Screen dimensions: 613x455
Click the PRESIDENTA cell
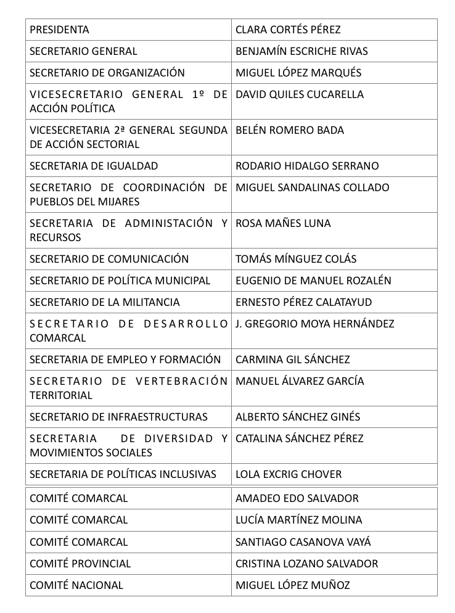pos(59,30)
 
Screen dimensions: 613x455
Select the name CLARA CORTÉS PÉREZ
pos(288,30)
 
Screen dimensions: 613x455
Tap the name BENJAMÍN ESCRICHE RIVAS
pos(301,51)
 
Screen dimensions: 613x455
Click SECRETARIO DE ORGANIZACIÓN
pos(107,73)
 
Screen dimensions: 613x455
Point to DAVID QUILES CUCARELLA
pos(300,94)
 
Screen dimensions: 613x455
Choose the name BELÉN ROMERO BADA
pos(290,130)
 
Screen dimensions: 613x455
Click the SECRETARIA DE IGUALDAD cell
pos(94,166)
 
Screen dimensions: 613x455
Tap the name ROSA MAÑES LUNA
pos(283,223)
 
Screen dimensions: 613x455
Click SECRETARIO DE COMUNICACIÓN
pos(109,259)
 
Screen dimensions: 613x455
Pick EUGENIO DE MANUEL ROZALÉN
pos(313,281)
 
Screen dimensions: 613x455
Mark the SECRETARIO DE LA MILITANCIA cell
pos(105,302)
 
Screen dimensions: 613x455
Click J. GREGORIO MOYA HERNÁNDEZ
pos(314,324)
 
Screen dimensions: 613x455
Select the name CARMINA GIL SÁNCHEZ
pos(292,360)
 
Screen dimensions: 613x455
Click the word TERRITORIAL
pos(61,395)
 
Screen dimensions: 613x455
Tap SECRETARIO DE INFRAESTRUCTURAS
pos(118,417)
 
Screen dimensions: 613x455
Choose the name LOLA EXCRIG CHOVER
pos(289,474)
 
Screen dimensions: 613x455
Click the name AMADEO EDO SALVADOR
pos(297,498)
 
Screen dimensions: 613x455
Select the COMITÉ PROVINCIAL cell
pos(80,564)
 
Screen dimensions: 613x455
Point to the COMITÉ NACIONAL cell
pos(76,585)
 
